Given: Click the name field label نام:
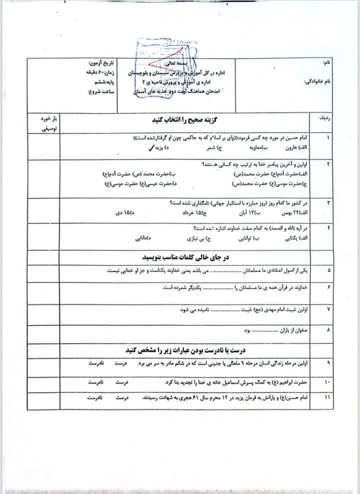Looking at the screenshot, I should coord(327,63).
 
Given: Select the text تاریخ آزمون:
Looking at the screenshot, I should coord(98,64).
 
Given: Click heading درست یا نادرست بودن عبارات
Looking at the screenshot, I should coord(186,349).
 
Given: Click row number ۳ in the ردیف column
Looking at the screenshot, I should coord(328,202).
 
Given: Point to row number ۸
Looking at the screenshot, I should coord(328,330).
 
